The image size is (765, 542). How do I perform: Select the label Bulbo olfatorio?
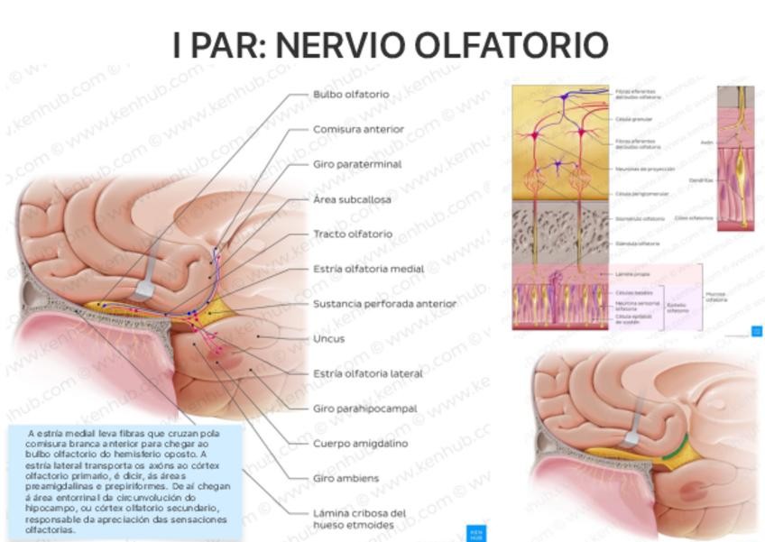click(351, 94)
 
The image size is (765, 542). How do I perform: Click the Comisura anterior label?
click(358, 129)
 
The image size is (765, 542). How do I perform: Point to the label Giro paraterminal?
click(356, 164)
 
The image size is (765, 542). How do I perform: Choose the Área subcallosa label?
click(352, 199)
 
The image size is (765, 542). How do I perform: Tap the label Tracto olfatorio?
click(353, 234)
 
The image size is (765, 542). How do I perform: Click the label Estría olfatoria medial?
click(368, 269)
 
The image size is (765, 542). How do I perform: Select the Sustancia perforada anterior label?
click(384, 304)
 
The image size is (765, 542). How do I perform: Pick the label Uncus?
click(328, 339)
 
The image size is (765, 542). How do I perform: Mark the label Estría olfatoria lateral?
click(368, 373)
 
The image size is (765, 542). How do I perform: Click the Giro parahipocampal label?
click(364, 409)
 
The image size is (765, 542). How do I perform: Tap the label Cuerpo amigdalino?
click(360, 444)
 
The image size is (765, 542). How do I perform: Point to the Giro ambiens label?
click(346, 478)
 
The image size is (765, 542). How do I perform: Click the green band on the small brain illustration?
click(676, 448)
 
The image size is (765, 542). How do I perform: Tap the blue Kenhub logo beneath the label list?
click(475, 533)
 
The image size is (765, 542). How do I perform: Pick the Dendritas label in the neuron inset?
click(701, 180)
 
